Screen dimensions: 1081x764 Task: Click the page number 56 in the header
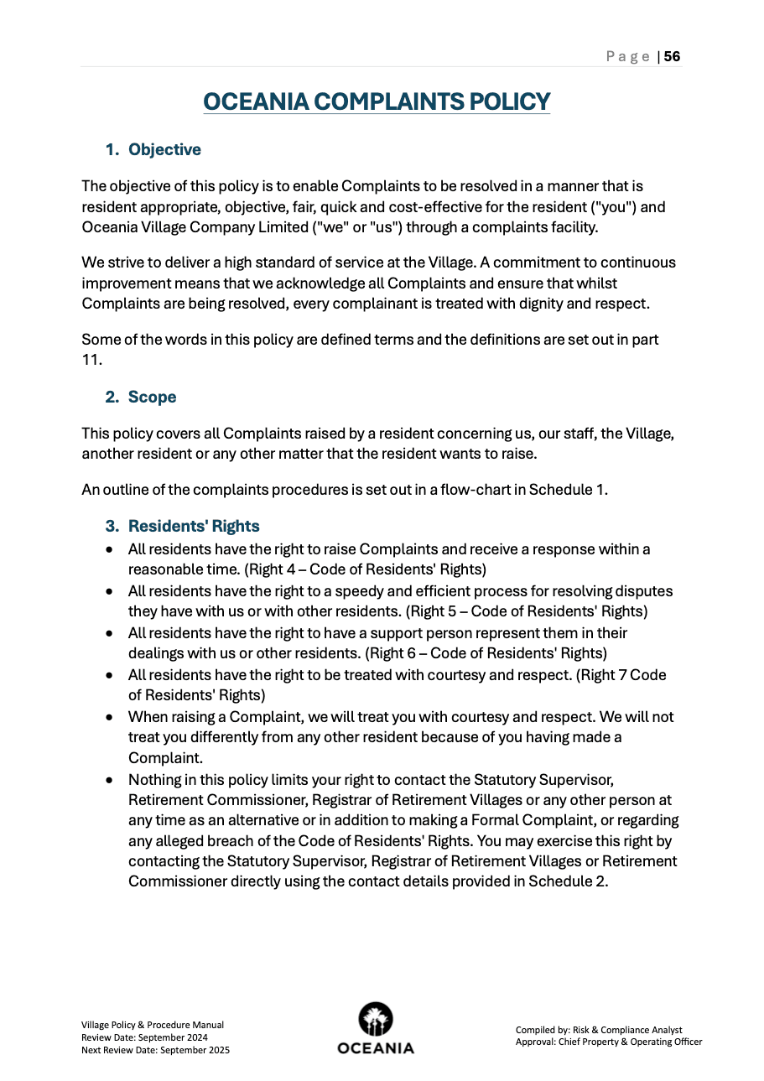point(672,56)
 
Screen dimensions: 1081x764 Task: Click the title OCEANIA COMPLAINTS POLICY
point(377,101)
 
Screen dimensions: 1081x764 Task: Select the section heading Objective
point(164,149)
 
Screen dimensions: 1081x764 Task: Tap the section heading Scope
point(152,397)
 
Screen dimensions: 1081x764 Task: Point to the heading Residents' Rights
point(194,526)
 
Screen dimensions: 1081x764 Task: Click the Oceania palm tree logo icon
point(376,1020)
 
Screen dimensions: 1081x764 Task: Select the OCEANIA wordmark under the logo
point(376,1048)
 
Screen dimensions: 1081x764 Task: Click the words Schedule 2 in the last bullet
point(566,881)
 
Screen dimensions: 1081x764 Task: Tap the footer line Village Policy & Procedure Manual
point(152,1025)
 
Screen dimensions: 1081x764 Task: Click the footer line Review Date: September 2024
point(144,1037)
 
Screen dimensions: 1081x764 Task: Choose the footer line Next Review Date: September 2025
point(155,1050)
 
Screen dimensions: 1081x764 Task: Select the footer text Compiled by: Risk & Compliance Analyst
point(599,1030)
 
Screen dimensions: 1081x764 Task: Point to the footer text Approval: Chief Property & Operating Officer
point(608,1042)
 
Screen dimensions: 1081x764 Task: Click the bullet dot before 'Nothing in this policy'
point(110,780)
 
